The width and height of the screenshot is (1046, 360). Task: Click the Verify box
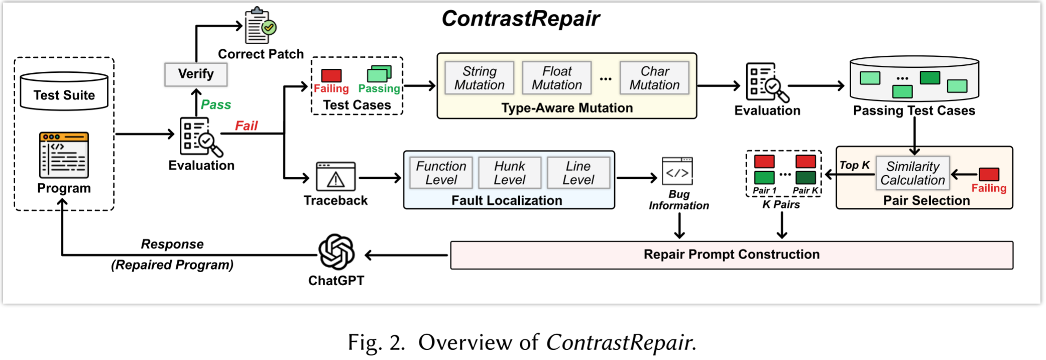pyautogui.click(x=195, y=74)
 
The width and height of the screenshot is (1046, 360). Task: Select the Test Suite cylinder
pyautogui.click(x=64, y=92)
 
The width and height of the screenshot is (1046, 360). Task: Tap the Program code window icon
pyautogui.click(x=64, y=155)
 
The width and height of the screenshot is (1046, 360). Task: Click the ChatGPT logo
pyautogui.click(x=336, y=252)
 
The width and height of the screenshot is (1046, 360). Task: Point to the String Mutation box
pyautogui.click(x=479, y=78)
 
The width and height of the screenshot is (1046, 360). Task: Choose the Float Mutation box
pyautogui.click(x=556, y=78)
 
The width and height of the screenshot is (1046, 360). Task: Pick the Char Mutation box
pyautogui.click(x=654, y=78)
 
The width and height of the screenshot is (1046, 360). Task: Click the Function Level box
pyautogui.click(x=440, y=173)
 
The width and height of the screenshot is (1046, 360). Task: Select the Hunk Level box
pyautogui.click(x=509, y=173)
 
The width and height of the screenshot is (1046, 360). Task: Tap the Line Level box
pyautogui.click(x=578, y=173)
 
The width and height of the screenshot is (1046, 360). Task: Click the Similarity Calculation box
pyautogui.click(x=912, y=173)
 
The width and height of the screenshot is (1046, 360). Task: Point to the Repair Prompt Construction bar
pyautogui.click(x=731, y=255)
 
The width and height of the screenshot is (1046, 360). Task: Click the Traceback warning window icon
pyautogui.click(x=335, y=176)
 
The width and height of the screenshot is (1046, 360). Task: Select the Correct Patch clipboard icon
pyautogui.click(x=259, y=26)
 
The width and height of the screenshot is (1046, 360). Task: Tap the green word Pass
pyautogui.click(x=216, y=104)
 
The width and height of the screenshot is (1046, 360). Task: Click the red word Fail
pyautogui.click(x=246, y=126)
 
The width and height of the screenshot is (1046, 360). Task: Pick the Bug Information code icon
pyautogui.click(x=677, y=172)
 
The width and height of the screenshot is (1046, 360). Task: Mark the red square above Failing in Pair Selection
pyautogui.click(x=988, y=174)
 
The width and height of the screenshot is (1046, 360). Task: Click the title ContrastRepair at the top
pyautogui.click(x=520, y=19)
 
